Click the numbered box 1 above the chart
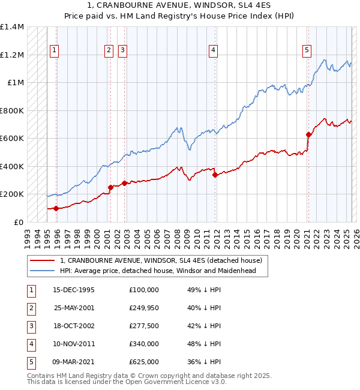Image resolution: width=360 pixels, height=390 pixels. pyautogui.click(x=55, y=51)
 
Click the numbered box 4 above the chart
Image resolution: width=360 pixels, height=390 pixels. pyautogui.click(x=213, y=51)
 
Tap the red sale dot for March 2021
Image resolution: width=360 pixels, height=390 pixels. pyautogui.click(x=308, y=135)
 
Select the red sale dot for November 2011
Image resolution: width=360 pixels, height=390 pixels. pyautogui.click(x=215, y=175)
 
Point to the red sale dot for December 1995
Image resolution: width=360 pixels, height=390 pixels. pyautogui.click(x=56, y=208)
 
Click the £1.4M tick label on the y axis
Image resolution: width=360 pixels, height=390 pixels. pyautogui.click(x=12, y=27)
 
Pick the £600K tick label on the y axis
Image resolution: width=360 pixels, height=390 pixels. pyautogui.click(x=12, y=139)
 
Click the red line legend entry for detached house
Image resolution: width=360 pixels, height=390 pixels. pyautogui.click(x=161, y=261)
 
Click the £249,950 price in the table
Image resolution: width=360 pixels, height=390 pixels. pyautogui.click(x=143, y=308)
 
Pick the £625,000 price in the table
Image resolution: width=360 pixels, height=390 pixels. pyautogui.click(x=143, y=362)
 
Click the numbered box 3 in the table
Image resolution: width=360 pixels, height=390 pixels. pyautogui.click(x=30, y=326)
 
